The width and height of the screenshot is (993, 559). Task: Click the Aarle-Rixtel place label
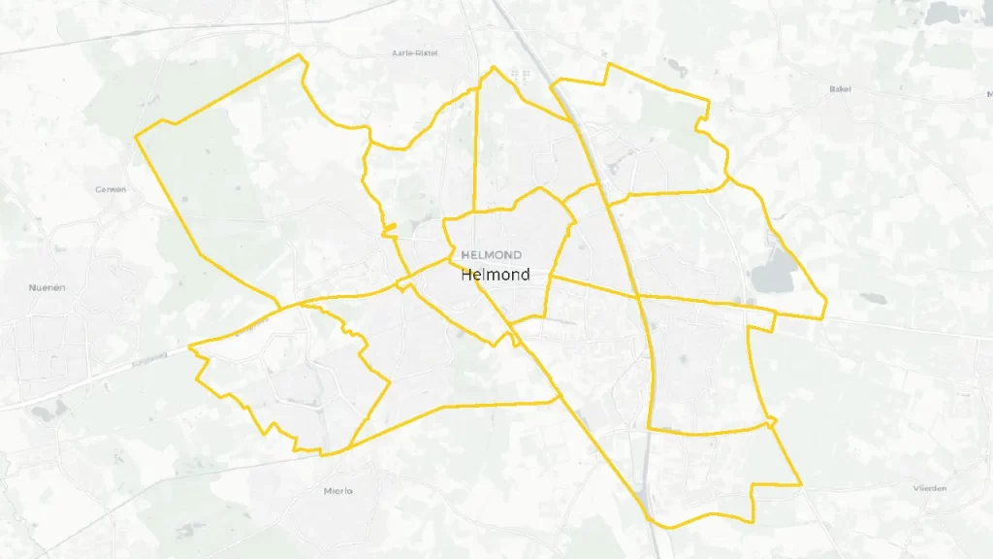pos(414,52)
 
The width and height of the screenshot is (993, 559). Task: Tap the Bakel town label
pos(839,89)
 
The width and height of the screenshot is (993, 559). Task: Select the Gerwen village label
pos(111,189)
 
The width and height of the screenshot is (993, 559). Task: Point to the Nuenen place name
pos(46,287)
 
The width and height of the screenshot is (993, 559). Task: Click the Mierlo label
pos(337,491)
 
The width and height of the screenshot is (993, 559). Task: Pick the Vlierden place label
pos(930,488)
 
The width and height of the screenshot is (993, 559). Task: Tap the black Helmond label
pos(496,275)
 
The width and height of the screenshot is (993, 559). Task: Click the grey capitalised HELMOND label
pos(491,254)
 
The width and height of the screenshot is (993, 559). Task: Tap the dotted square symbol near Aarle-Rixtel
pos(521,74)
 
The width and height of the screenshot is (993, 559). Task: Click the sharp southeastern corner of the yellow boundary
pos(800,483)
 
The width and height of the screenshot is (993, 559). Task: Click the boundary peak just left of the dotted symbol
pos(494,68)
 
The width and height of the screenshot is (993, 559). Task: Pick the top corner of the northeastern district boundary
pos(609,65)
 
